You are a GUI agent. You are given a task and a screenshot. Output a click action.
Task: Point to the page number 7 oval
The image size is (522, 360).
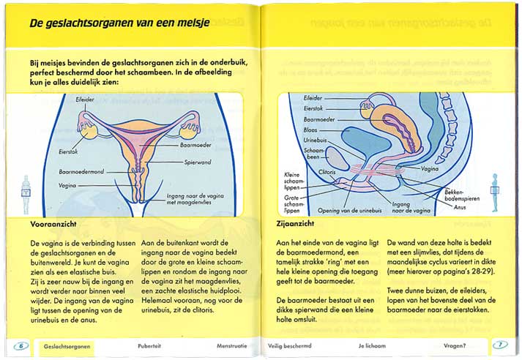click(499, 345)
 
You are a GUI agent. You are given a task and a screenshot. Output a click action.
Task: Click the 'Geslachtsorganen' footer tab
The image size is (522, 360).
click(69, 345)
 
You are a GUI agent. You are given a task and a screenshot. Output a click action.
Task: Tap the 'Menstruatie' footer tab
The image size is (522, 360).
click(233, 345)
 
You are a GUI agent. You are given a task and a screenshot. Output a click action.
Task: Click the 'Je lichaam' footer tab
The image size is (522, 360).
click(372, 345)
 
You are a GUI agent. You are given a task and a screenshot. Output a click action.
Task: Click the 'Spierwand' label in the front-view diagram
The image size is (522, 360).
click(198, 161)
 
